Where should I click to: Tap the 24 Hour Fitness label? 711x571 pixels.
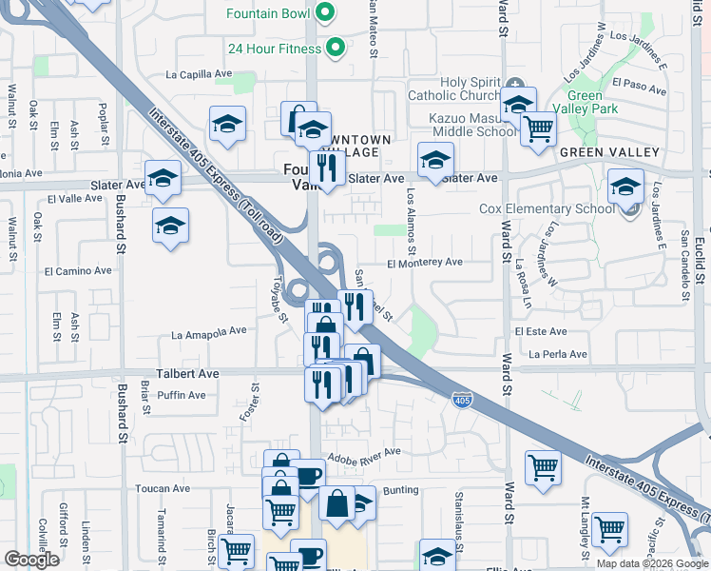tap(275, 47)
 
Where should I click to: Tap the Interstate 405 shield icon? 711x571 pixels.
tap(461, 401)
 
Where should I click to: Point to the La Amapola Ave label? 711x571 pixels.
tap(208, 334)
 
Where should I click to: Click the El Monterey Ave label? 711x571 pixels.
tap(424, 262)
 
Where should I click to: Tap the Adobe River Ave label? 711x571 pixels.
tap(364, 456)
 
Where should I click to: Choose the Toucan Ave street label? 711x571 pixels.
tap(163, 489)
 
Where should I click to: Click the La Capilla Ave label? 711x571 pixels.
tap(199, 73)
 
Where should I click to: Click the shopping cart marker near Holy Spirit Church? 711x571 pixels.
tap(538, 128)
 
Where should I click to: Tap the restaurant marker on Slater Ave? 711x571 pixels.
tap(328, 169)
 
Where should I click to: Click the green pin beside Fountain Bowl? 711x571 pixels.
tap(325, 12)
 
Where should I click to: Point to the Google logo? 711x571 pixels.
tap(31, 560)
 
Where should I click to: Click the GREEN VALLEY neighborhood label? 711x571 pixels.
tap(609, 152)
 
